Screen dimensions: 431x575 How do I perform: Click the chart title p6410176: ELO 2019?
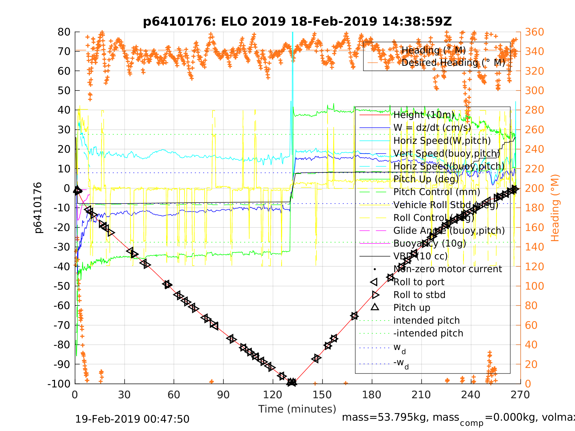tap(297, 22)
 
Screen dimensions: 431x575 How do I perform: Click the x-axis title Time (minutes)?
tap(297, 409)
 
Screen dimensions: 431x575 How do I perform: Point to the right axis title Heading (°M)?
tap(555, 208)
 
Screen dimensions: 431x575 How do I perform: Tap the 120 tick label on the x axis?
tap(272, 395)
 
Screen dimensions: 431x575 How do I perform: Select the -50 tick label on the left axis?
tap(62, 286)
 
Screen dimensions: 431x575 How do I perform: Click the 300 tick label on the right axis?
tap(534, 90)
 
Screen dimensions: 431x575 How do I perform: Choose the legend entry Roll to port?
tap(419, 282)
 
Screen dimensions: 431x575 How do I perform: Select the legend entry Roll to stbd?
tap(419, 295)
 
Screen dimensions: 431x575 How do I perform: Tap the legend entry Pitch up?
tap(412, 308)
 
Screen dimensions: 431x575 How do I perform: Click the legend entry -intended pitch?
tap(428, 333)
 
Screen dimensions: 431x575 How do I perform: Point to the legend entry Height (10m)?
tap(424, 115)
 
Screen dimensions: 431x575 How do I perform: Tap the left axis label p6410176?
tap(38, 208)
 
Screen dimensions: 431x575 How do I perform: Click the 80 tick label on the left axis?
tap(64, 32)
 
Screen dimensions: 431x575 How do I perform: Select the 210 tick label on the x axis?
tap(421, 395)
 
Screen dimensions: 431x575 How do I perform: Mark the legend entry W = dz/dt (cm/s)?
tap(432, 128)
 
